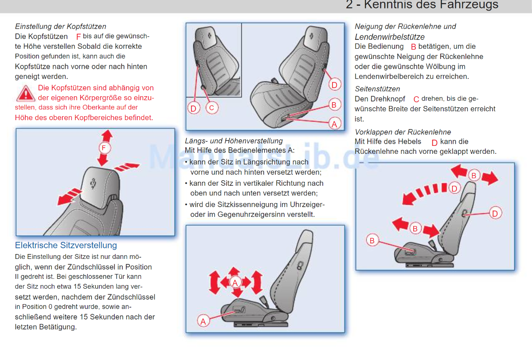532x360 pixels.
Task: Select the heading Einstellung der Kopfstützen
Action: pos(61,26)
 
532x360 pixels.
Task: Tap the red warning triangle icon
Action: pos(26,94)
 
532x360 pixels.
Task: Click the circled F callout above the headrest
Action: pos(104,148)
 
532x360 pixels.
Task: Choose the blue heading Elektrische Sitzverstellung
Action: pos(66,245)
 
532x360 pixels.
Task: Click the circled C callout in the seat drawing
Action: pos(211,108)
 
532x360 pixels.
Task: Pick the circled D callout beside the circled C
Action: pos(193,108)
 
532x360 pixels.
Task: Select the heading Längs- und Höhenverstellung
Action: pos(234,141)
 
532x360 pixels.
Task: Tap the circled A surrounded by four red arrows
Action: pos(235,282)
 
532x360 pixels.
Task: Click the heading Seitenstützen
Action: pos(377,89)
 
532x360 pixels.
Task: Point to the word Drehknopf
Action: pos(387,99)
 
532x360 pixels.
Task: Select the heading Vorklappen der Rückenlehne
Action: pos(403,132)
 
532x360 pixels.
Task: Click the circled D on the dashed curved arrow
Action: pos(454,188)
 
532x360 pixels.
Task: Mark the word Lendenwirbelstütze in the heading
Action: pos(390,37)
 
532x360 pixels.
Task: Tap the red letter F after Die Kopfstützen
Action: pos(78,37)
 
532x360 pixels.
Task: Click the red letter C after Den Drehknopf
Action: pos(416,99)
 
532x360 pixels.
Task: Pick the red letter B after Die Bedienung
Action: pos(413,47)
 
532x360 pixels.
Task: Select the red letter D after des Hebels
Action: pos(434,142)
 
